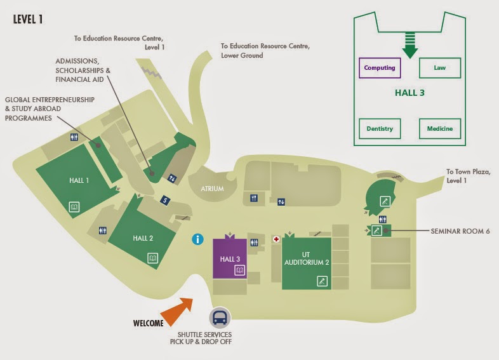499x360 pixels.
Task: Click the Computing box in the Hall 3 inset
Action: tap(380, 67)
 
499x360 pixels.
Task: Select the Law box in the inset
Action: tap(439, 67)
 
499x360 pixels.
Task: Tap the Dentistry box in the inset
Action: tap(380, 129)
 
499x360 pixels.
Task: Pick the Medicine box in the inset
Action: tap(439, 129)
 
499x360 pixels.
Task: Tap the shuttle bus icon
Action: tap(220, 318)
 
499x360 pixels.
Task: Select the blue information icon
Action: tap(199, 239)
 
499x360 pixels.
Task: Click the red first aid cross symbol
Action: tap(276, 239)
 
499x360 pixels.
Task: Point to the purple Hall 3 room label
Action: tap(230, 259)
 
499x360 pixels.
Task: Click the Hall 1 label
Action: tap(79, 180)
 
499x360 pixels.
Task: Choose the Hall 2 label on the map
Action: tap(143, 238)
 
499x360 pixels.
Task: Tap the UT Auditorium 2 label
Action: tap(307, 258)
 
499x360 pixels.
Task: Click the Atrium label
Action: tap(213, 188)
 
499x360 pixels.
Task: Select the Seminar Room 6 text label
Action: tap(460, 230)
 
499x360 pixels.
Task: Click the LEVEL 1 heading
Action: tap(29, 19)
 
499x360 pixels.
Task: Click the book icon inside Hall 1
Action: tap(74, 206)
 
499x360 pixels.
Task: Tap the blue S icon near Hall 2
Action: tap(166, 200)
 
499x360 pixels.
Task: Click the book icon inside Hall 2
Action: tap(152, 258)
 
